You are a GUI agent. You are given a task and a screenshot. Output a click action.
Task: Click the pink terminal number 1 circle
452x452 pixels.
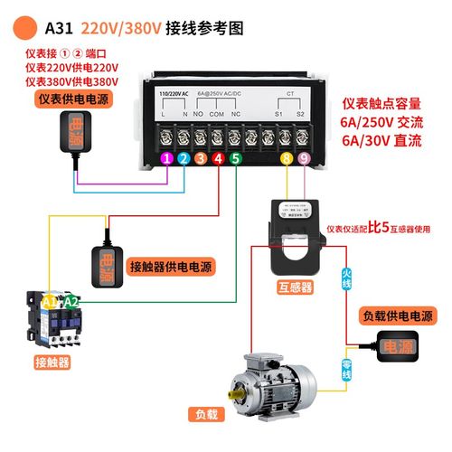pyautogui.click(x=166, y=159)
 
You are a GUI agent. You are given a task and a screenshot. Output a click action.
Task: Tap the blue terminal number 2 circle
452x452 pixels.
pyautogui.click(x=184, y=159)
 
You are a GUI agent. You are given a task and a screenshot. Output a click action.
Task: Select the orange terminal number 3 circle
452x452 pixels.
pyautogui.click(x=201, y=159)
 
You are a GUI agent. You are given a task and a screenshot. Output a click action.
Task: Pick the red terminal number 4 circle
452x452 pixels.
pyautogui.click(x=217, y=159)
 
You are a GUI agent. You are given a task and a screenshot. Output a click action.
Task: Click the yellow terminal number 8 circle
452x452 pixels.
pyautogui.click(x=286, y=159)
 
